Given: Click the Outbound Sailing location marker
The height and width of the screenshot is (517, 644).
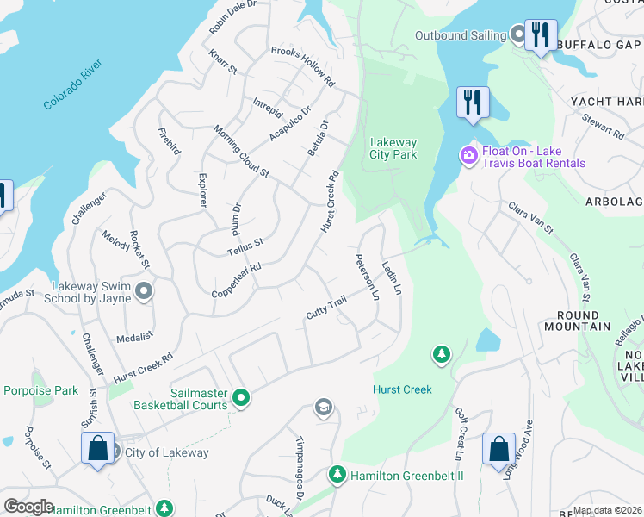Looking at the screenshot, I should point(518,35).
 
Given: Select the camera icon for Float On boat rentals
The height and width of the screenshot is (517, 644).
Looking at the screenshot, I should point(469,156).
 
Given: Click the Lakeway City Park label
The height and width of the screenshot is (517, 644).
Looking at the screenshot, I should point(393,148).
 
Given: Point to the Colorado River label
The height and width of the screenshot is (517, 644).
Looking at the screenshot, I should point(73,84).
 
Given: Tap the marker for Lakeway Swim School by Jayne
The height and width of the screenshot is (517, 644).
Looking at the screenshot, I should point(143,292).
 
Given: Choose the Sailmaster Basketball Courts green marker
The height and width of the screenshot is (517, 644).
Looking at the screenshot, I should point(241,398).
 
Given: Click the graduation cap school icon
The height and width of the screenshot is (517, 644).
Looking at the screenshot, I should point(324,408).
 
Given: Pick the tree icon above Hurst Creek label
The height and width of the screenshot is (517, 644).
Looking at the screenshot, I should point(441,355).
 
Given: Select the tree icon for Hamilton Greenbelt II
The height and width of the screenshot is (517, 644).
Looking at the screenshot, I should point(337,474).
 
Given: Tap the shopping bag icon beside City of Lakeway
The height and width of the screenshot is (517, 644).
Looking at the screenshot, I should point(96,448).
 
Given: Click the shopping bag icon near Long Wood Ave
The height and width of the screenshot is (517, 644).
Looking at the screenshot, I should point(498,449).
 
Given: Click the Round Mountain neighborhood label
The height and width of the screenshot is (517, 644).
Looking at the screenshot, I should point(578,321).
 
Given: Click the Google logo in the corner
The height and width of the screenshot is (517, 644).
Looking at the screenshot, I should point(28,507).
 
